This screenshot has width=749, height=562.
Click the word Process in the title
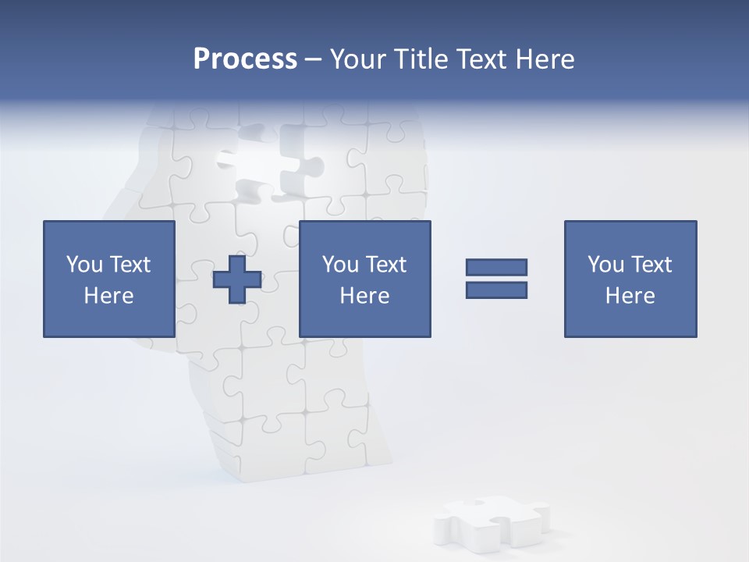[x=245, y=59]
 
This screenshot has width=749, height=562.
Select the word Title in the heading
[x=421, y=59]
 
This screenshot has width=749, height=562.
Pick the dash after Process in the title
[x=314, y=60]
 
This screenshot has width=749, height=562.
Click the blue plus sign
[x=237, y=279]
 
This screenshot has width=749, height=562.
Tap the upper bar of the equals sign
[x=496, y=267]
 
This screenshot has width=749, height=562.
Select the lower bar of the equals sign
[x=496, y=290]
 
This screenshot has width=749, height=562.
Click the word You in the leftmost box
[x=84, y=265]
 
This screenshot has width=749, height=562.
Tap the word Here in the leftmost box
[x=108, y=296]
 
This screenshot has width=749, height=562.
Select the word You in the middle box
[x=340, y=265]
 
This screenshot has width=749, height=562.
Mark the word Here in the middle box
[x=364, y=296]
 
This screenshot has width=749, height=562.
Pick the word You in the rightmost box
[x=605, y=265]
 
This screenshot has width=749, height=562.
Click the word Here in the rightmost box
[x=630, y=296]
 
